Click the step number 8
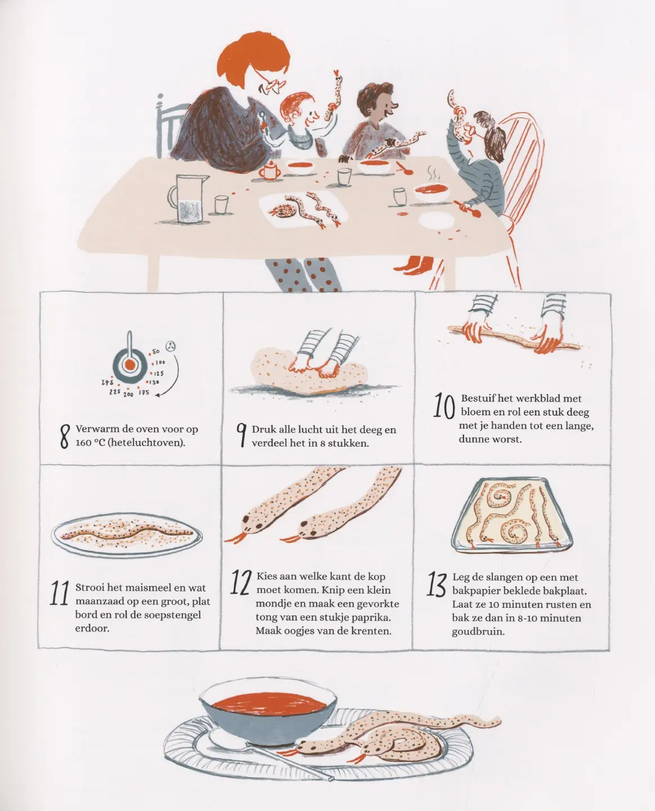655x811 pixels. (65, 436)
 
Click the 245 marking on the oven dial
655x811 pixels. (108, 382)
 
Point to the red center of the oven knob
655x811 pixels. (130, 364)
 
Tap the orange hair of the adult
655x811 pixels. (253, 57)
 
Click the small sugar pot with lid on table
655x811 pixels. (270, 170)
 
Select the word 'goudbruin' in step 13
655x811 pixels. (478, 632)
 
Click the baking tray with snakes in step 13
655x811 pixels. (512, 515)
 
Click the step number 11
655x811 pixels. (59, 594)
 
